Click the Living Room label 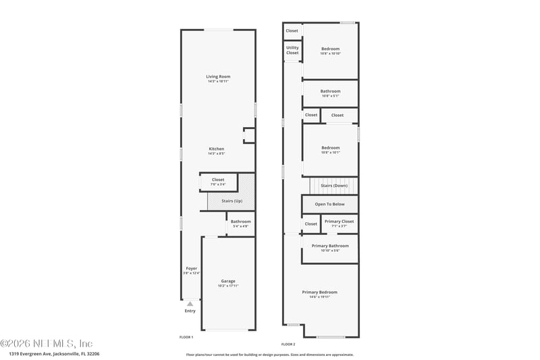click(218, 77)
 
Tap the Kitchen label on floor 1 click(216, 149)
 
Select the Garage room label click(228, 281)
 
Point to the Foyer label click(192, 268)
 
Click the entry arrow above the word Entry click(190, 304)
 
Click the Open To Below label click(329, 203)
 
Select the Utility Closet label click(292, 49)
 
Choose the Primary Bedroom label click(319, 292)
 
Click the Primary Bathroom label click(330, 245)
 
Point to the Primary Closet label click(339, 222)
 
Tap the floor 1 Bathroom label click(240, 222)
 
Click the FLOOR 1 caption click(186, 337)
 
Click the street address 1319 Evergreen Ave click(54, 353)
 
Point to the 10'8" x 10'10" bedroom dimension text click(330, 53)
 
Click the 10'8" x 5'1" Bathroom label click(330, 91)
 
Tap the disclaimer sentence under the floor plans click(269, 354)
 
